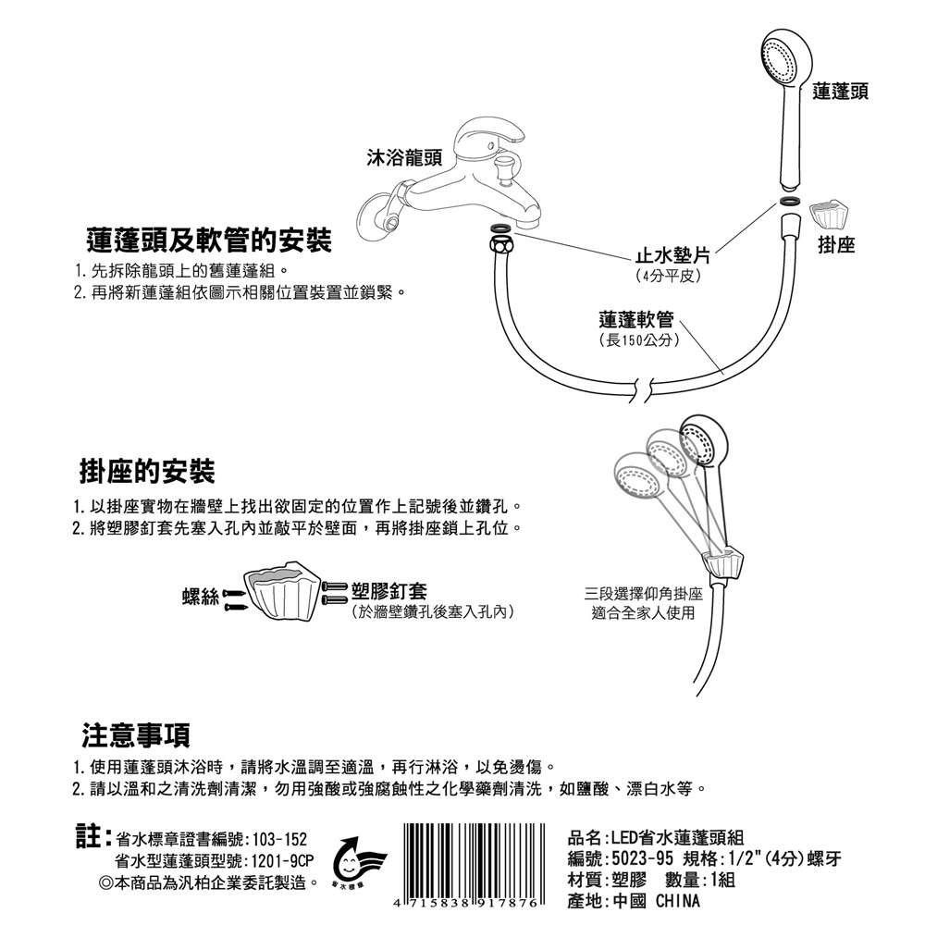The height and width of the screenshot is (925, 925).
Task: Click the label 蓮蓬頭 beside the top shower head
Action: click(840, 92)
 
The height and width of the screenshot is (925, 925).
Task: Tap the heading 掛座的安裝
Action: click(146, 471)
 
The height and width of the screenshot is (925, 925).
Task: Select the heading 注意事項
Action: click(136, 734)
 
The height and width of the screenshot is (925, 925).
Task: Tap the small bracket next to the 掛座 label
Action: click(829, 215)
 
